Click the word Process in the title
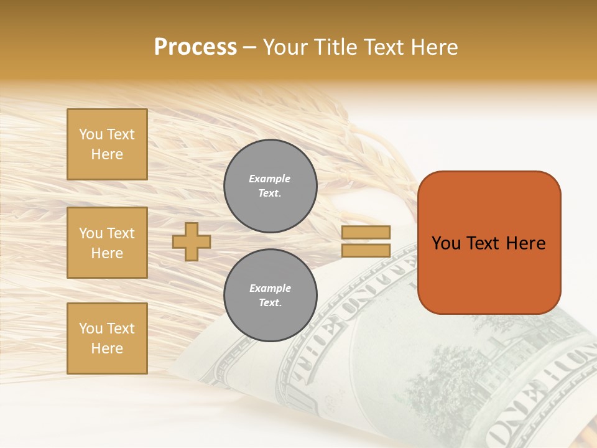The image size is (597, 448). [x=195, y=47]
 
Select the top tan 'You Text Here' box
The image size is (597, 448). [x=107, y=144]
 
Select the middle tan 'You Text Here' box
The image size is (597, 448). [x=107, y=243]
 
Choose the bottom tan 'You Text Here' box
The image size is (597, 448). [x=107, y=338]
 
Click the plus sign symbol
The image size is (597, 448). [x=192, y=241]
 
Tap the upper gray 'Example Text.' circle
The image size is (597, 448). [x=271, y=186]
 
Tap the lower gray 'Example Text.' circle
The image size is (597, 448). [x=271, y=296]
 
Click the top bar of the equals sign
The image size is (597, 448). [x=366, y=233]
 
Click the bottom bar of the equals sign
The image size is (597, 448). [x=366, y=251]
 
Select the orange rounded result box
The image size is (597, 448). [x=489, y=274]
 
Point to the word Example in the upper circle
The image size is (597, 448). [x=270, y=179]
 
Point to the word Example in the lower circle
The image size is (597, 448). [x=270, y=289]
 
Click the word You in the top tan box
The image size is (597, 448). [x=91, y=135]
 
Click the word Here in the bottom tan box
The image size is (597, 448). [x=107, y=349]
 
